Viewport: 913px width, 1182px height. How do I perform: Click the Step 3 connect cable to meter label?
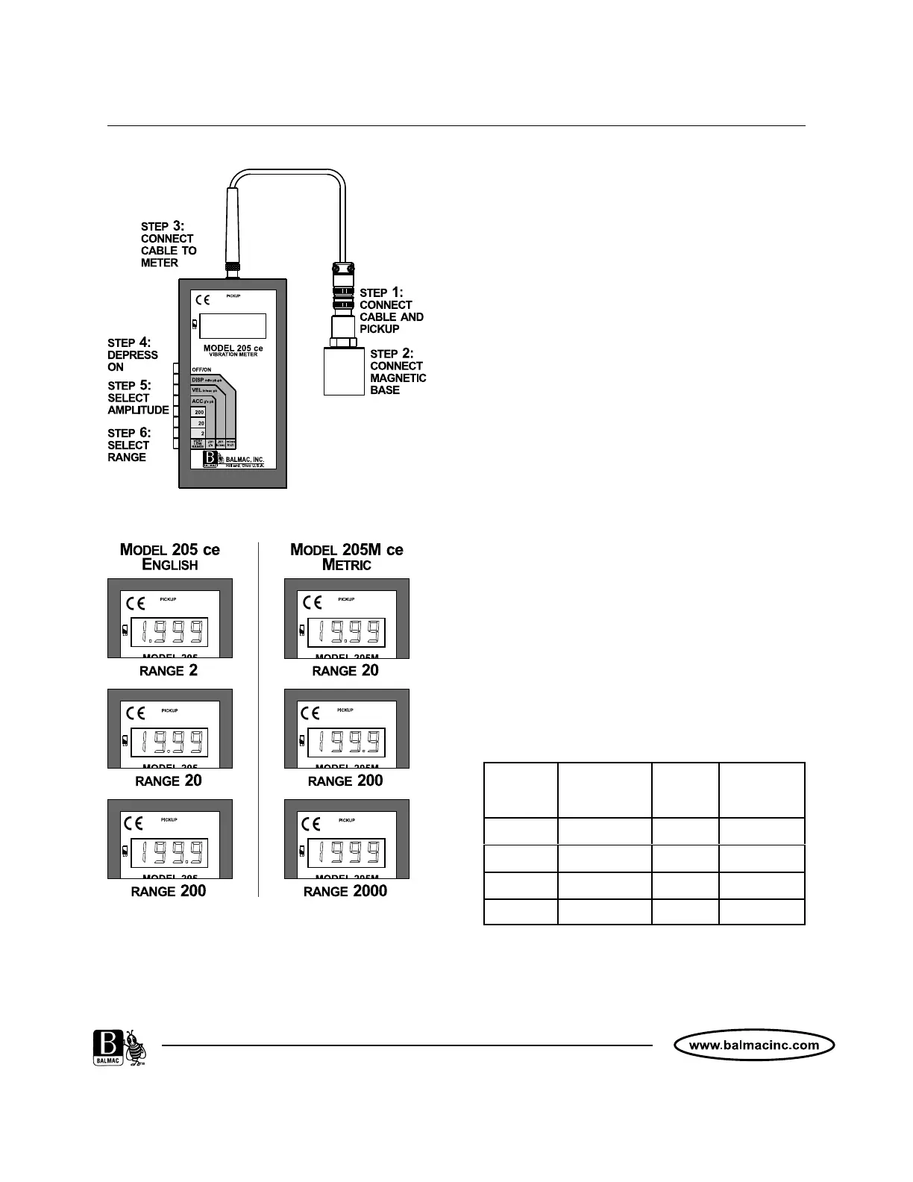click(x=169, y=244)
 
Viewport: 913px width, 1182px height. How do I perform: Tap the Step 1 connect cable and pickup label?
click(x=391, y=310)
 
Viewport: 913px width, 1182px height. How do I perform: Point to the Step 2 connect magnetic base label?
click(x=398, y=372)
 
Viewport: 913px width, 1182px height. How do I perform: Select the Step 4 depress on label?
click(x=132, y=354)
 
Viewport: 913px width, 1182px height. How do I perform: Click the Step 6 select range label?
click(x=128, y=445)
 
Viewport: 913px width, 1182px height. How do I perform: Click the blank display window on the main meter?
click(x=233, y=326)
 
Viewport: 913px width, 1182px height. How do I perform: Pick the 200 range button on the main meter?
click(x=198, y=412)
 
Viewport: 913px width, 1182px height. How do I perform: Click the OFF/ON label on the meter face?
click(x=201, y=369)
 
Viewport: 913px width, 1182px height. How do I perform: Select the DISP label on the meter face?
click(x=198, y=380)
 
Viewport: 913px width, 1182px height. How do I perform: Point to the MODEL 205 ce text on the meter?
click(x=233, y=348)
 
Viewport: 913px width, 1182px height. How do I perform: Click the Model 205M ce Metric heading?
click(x=346, y=557)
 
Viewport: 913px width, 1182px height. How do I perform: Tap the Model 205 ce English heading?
click(x=170, y=557)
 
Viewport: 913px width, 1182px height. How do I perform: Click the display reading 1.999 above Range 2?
click(x=169, y=633)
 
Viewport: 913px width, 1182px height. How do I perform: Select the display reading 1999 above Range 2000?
click(x=346, y=854)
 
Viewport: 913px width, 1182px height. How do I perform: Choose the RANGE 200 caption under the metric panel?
click(x=345, y=781)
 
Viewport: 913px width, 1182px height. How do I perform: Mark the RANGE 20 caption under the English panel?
click(x=169, y=781)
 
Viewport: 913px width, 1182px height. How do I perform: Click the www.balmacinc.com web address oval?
click(x=753, y=1045)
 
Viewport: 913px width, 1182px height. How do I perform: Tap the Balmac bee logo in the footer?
click(x=119, y=1049)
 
